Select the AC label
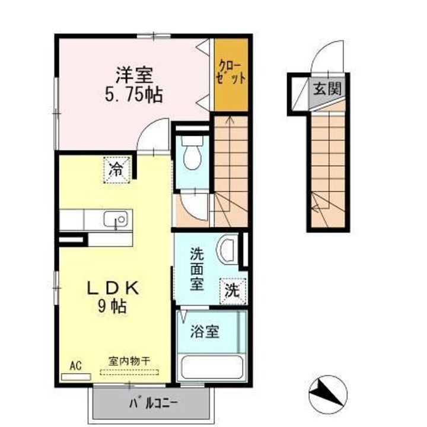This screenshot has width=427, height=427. (75, 365)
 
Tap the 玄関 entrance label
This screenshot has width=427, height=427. (327, 90)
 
